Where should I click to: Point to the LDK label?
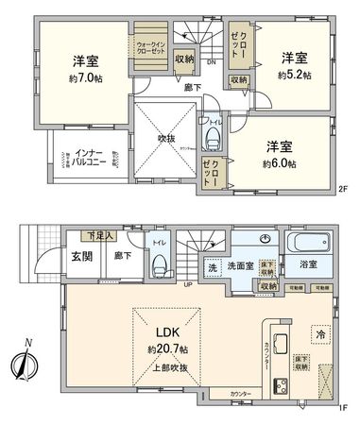167,331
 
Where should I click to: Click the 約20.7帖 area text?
167,348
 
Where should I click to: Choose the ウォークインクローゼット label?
148,47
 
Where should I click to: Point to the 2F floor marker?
342,189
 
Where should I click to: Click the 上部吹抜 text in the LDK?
167,366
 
